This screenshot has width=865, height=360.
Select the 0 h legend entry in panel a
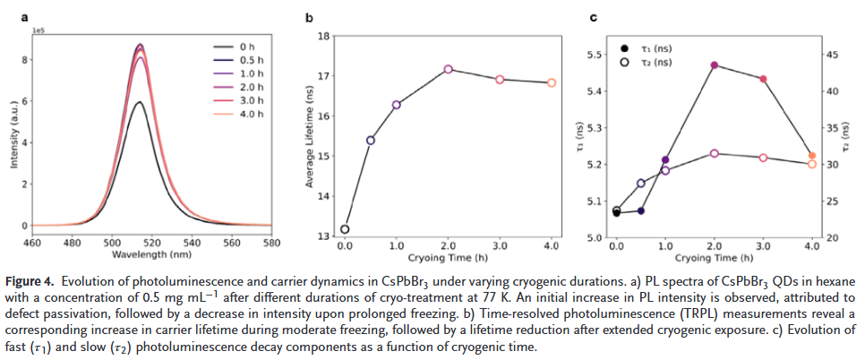pos(247,46)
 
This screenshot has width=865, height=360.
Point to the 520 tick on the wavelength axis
pos(152,242)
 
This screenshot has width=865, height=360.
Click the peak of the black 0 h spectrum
pos(139,102)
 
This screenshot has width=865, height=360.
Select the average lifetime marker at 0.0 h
pos(345,229)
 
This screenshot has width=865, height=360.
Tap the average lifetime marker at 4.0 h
pos(552,82)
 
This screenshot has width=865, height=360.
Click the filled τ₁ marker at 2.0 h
pos(714,65)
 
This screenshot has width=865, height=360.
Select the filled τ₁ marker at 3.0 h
pos(763,79)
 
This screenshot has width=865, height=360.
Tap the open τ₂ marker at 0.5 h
pos(641,183)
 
